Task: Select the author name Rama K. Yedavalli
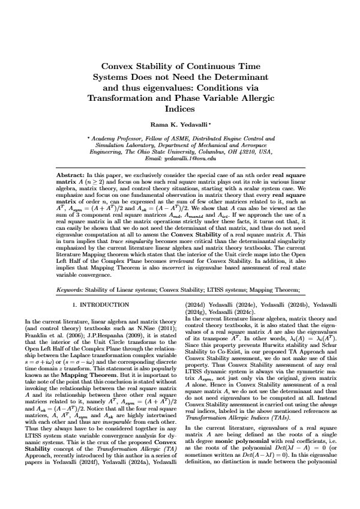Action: [179, 125]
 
